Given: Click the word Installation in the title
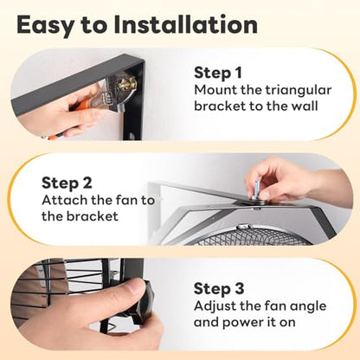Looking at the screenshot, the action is [185, 25].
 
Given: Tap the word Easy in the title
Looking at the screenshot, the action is [46, 26].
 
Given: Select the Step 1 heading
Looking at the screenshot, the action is [218, 73].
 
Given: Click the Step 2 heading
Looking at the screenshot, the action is [67, 183].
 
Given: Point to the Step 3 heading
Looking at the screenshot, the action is [219, 289].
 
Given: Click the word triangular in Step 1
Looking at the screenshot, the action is [299, 91].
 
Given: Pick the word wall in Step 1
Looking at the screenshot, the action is [305, 106].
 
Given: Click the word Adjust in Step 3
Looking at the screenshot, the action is [215, 306].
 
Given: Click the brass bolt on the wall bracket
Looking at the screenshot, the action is [129, 84].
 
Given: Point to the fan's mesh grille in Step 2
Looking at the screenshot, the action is [254, 235].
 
